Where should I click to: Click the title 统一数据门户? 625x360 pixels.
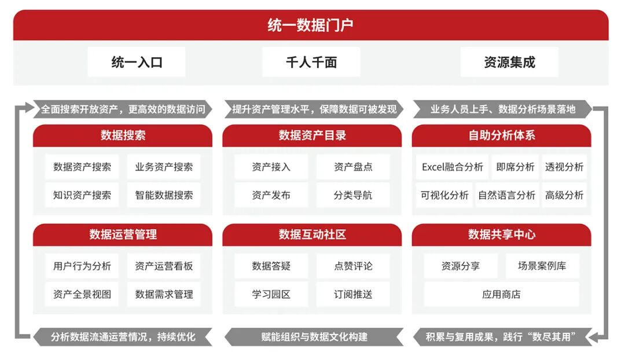point(311,25)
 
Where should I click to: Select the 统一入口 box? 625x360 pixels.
point(137,63)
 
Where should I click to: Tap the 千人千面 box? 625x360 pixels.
point(311,63)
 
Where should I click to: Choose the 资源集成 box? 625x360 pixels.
point(509,63)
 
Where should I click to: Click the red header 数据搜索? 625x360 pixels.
point(123,135)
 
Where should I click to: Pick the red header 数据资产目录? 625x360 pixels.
point(312,135)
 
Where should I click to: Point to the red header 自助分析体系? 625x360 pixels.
point(501,135)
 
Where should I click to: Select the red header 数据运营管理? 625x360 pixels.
point(123,234)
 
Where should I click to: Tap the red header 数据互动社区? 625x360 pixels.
point(312,234)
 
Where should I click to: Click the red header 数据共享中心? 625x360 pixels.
point(501,234)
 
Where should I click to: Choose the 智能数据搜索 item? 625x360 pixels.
point(164,195)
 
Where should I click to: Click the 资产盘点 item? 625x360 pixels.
point(353,167)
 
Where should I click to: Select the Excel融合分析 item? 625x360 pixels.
point(452,167)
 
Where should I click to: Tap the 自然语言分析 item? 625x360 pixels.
point(506,195)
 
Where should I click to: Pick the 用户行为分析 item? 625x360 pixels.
point(82,266)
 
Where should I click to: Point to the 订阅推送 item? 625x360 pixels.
point(353,294)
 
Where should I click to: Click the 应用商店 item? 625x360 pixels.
point(501,294)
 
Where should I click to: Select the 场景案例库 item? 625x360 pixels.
point(542,266)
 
